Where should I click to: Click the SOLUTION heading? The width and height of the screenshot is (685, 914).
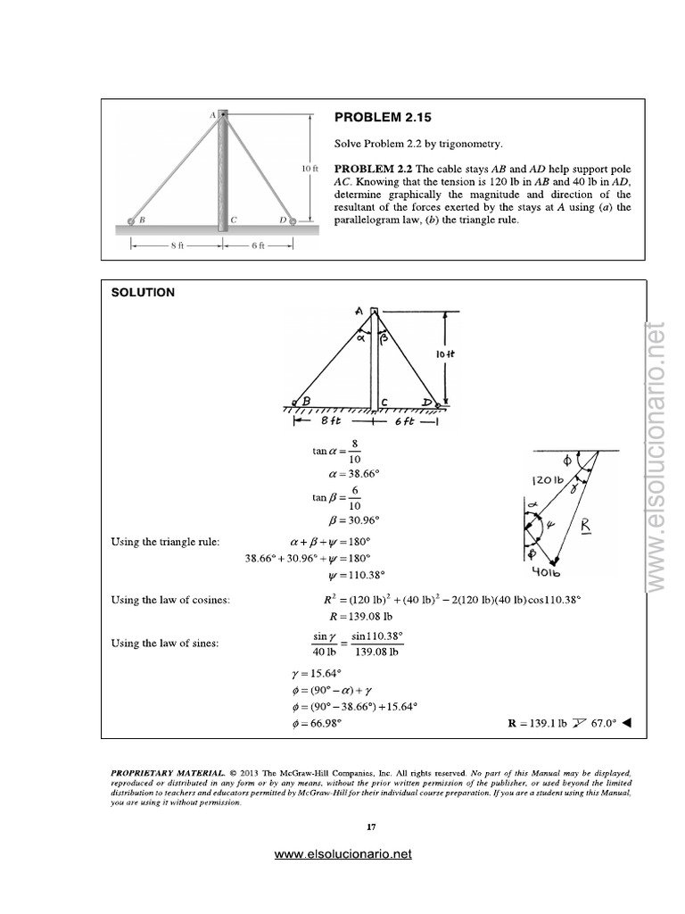143,292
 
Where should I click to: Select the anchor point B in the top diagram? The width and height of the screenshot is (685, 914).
132,220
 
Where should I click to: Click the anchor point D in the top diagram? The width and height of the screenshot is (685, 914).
293,220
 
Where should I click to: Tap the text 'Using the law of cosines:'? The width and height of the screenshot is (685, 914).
170,600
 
